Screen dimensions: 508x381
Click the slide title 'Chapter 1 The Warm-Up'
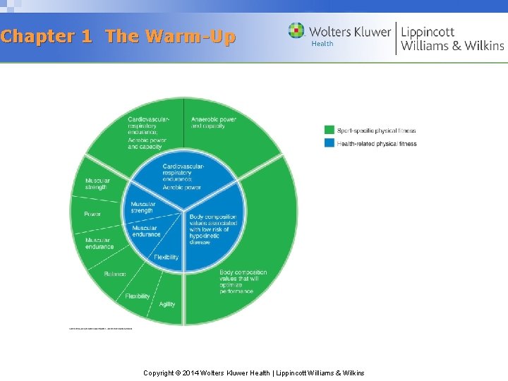coord(118,37)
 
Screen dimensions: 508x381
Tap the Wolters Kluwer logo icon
coord(296,31)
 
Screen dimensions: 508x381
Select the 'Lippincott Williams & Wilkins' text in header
coord(452,37)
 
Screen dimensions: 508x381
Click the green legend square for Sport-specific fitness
coord(329,130)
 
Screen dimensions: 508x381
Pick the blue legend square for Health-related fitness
coord(329,143)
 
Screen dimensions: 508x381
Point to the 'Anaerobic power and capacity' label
coord(213,123)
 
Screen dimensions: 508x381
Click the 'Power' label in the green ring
coord(92,214)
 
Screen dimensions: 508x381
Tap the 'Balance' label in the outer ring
coord(115,274)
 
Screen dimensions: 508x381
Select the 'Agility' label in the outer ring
coord(167,304)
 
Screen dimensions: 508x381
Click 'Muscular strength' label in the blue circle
coord(142,207)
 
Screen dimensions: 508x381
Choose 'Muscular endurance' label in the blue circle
coord(146,231)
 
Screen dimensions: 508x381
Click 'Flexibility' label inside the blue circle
coord(167,257)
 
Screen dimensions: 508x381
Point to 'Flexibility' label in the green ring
coord(138,296)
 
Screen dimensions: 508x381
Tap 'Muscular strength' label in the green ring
coord(97,183)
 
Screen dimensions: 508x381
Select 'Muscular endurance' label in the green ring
coord(99,243)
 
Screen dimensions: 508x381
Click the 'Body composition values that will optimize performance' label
coord(243,282)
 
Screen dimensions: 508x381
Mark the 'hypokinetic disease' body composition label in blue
coord(214,229)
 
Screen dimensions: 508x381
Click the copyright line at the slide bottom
coord(253,373)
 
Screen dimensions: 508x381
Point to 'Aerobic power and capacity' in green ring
coord(145,143)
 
